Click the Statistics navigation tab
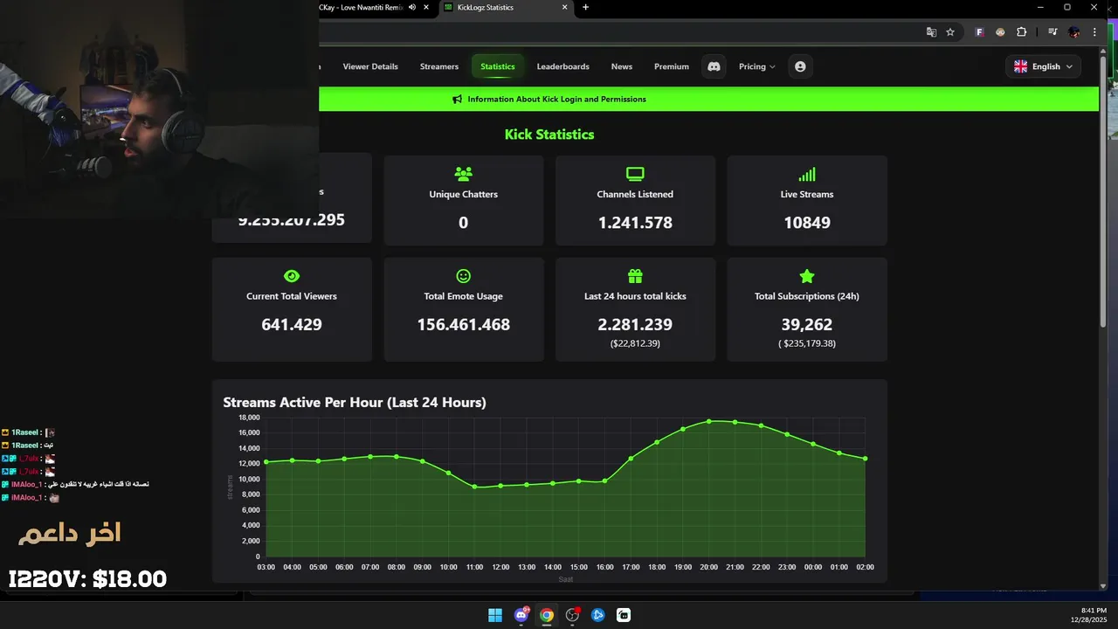[x=497, y=66]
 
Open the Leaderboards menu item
[x=562, y=66]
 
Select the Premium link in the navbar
[x=671, y=66]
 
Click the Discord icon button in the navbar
[x=714, y=66]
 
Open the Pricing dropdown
[x=756, y=66]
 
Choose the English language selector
[x=1044, y=66]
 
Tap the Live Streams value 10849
[x=806, y=223]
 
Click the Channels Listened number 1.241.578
[x=635, y=223]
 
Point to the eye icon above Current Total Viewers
[x=292, y=276]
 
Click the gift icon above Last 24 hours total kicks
[x=635, y=276]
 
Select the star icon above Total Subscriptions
[x=806, y=276]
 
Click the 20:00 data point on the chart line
[x=709, y=421]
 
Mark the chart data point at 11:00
[x=474, y=487]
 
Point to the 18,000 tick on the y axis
[x=249, y=418]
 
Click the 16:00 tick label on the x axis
[x=604, y=567]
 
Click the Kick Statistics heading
[x=549, y=135]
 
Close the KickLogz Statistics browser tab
[x=565, y=8]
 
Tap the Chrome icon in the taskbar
[x=547, y=615]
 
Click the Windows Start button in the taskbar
[x=495, y=615]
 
